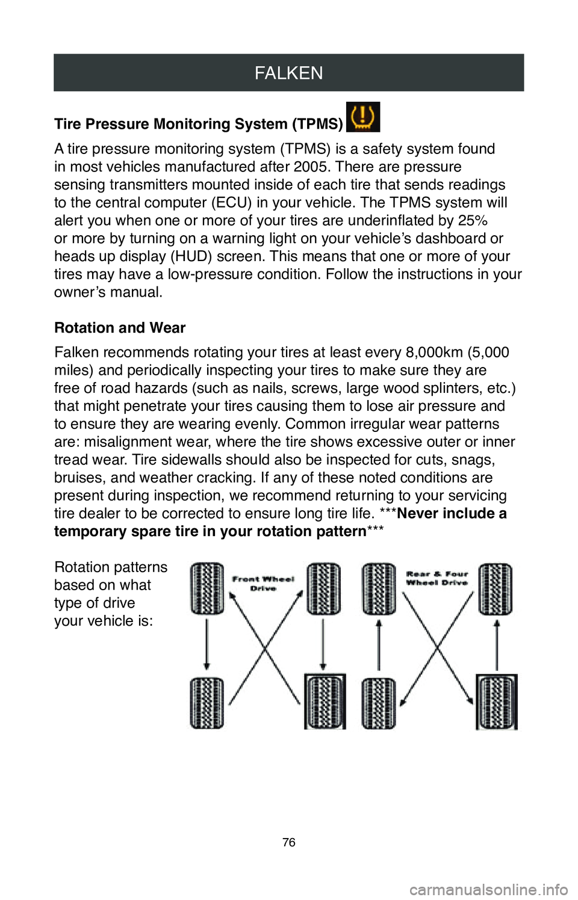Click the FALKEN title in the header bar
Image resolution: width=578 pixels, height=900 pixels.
288,73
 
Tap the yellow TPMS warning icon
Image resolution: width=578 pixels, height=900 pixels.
363,117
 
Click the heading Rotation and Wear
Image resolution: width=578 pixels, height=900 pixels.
120,328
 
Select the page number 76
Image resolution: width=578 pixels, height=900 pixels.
289,842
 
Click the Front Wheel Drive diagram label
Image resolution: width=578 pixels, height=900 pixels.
263,584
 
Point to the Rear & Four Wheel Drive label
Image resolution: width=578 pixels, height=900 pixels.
437,578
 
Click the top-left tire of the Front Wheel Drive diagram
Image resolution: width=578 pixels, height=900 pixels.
207,589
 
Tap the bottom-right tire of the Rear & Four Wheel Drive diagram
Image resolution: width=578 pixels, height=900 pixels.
497,702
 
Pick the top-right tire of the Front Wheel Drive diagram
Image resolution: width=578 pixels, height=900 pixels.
324,589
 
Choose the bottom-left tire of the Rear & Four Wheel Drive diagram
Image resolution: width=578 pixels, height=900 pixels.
378,703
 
